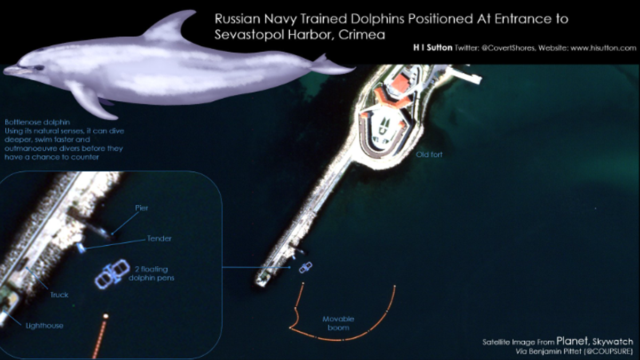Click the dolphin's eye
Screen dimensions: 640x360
pos(38,68)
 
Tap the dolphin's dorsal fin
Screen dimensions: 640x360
pos(169,26)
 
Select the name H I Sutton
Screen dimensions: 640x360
pos(433,47)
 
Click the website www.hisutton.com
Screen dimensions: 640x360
pos(603,48)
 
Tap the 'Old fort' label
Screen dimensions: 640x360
pos(429,155)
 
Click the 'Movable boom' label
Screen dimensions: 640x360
pos(338,323)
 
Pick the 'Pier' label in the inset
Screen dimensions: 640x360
pos(142,208)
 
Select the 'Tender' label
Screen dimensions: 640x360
pos(159,238)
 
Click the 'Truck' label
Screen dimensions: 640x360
pos(59,295)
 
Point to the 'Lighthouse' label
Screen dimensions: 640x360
pos(44,326)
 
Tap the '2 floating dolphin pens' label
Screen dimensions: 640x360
pos(151,274)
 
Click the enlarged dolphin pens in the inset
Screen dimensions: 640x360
pos(113,274)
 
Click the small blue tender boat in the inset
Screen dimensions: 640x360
pos(81,248)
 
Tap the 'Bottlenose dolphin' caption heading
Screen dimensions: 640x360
pos(37,122)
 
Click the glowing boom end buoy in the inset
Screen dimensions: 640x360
pos(106,316)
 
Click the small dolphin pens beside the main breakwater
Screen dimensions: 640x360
pos(306,267)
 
